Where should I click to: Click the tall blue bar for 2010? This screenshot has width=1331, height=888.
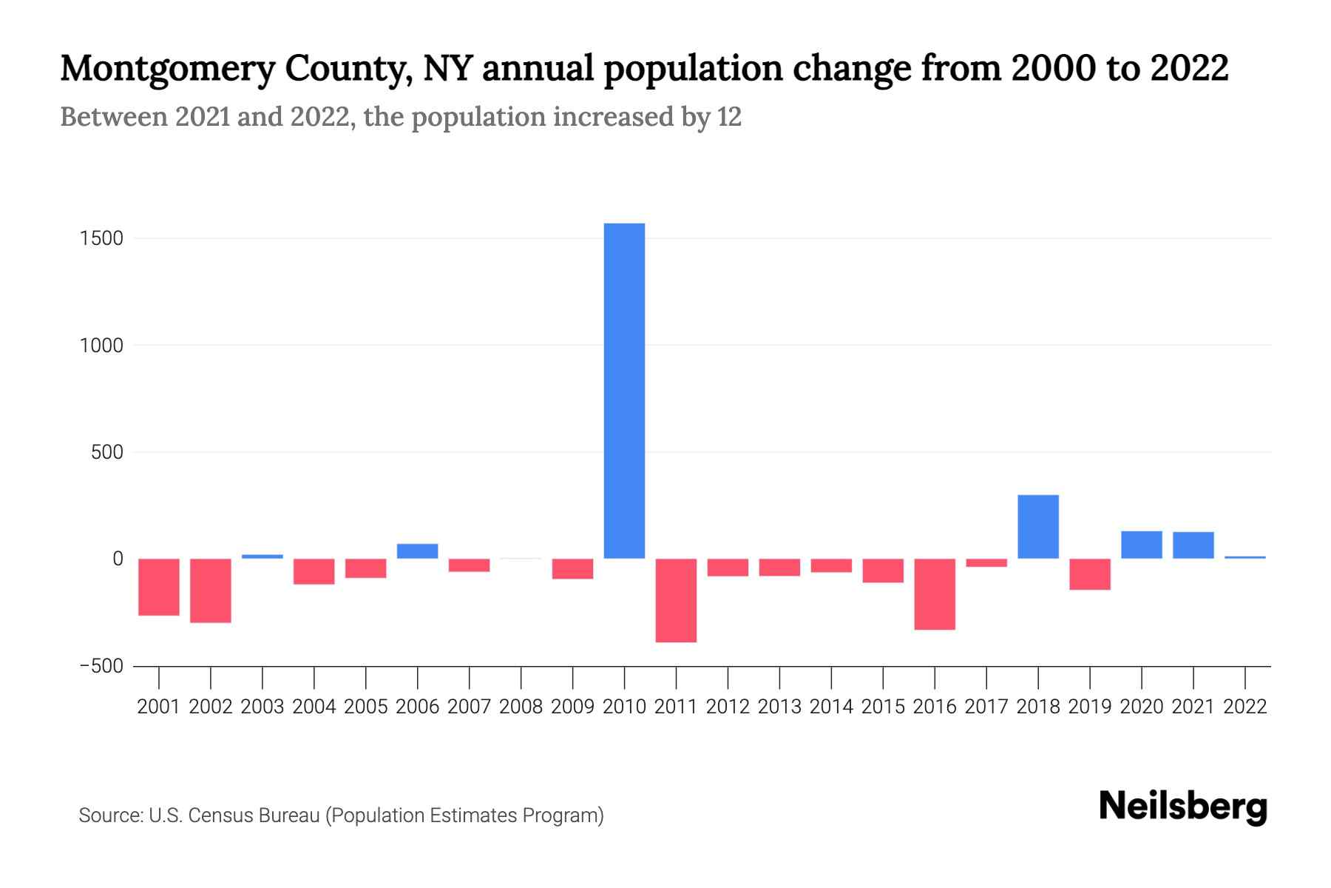(x=624, y=391)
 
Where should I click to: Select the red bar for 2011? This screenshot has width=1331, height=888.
(x=676, y=600)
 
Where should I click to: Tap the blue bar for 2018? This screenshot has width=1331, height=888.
(x=1038, y=527)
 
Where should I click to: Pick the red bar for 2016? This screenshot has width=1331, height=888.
(x=935, y=594)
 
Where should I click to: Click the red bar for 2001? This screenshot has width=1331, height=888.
(x=159, y=587)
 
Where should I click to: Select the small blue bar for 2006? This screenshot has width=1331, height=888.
(x=418, y=551)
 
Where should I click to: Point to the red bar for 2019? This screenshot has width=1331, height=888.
(x=1090, y=574)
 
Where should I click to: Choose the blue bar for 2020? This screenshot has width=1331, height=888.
(x=1142, y=545)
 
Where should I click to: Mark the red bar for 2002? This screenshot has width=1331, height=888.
(x=211, y=591)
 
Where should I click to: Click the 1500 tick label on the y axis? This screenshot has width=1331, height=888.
(x=102, y=239)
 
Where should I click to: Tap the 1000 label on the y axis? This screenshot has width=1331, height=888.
(x=102, y=346)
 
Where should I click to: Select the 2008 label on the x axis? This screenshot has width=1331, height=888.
(x=521, y=707)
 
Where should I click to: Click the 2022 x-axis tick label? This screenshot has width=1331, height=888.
(x=1245, y=707)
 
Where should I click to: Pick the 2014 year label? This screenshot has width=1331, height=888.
(x=831, y=707)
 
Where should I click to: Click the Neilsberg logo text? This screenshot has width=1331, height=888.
(x=1183, y=807)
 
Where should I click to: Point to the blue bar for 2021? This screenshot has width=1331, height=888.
(x=1193, y=545)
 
